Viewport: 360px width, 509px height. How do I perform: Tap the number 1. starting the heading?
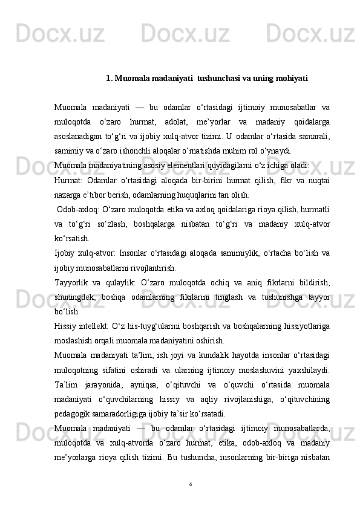point(109,78)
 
